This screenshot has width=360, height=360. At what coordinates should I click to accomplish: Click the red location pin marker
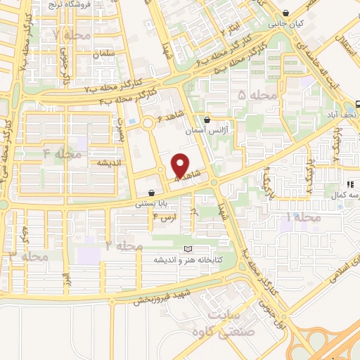click(181, 165)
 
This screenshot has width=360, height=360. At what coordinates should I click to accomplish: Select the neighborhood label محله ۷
click(67, 34)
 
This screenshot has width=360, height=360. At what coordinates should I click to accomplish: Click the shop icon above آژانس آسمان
click(206, 120)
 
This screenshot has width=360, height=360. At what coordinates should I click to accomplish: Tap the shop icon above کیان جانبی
click(285, 13)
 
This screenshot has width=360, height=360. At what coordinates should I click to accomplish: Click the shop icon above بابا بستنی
click(152, 193)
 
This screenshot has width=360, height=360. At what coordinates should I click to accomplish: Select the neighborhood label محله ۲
click(124, 245)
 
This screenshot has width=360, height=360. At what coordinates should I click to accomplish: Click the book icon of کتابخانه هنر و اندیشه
click(187, 249)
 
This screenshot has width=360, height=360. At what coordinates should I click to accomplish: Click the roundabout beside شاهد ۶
click(148, 124)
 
